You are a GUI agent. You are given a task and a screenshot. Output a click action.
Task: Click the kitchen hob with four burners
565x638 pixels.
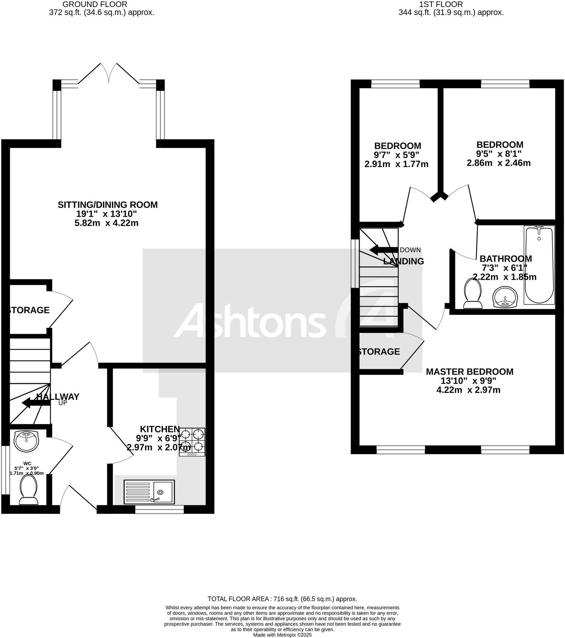[x=192, y=442]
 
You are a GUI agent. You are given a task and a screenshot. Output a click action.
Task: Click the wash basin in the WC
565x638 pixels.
[x=27, y=441]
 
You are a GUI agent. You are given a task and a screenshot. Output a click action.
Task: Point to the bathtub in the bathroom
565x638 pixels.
[x=539, y=265]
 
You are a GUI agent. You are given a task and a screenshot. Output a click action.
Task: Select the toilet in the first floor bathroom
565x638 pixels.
[x=473, y=294]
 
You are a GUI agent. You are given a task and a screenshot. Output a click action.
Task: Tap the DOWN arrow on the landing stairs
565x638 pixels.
[x=384, y=250]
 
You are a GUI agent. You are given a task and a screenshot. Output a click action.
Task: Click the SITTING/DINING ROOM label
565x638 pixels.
[x=108, y=205]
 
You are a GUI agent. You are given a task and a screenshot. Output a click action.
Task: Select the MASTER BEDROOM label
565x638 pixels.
[x=469, y=372]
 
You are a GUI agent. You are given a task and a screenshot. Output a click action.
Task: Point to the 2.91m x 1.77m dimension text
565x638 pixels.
[x=396, y=164]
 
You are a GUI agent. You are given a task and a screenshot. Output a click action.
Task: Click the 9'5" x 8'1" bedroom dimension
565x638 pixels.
[x=499, y=154]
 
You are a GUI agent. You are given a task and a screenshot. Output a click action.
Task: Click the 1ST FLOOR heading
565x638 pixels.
[x=441, y=4]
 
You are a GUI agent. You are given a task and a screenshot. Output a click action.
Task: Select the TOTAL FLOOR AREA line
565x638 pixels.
[x=282, y=599]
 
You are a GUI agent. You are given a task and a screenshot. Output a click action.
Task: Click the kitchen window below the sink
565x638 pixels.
[x=159, y=511]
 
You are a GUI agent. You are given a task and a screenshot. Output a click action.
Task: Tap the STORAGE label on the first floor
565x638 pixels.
[x=379, y=351]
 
